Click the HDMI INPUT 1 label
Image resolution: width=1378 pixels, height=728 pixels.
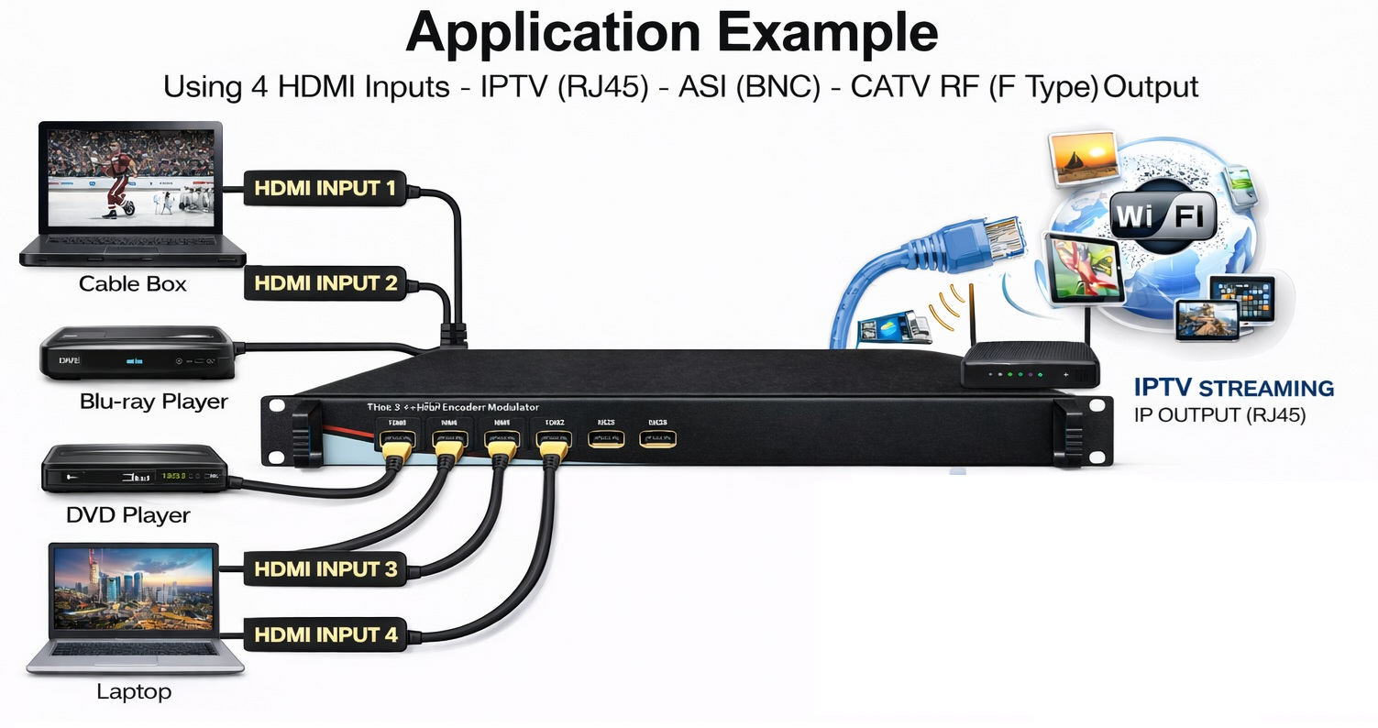point(325,189)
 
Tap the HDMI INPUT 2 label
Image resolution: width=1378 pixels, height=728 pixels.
point(325,283)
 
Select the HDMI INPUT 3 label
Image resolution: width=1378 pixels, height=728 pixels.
point(325,569)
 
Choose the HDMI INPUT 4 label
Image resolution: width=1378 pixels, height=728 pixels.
point(325,634)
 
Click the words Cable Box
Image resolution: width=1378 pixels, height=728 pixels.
point(132,284)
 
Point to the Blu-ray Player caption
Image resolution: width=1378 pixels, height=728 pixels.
point(153,402)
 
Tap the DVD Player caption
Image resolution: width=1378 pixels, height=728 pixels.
point(128,515)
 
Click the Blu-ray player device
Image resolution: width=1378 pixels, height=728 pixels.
point(137,354)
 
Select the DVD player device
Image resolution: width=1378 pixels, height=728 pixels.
point(134,469)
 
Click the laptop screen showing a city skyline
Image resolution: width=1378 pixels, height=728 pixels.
point(134,589)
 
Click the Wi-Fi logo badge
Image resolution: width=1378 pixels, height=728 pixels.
point(1163,217)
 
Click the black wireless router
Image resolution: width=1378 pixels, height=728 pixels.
point(1029,366)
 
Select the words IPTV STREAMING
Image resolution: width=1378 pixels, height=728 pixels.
point(1233,388)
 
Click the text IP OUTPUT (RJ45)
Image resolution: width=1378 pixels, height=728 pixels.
point(1219,414)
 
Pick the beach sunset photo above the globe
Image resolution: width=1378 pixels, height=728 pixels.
point(1085,158)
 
